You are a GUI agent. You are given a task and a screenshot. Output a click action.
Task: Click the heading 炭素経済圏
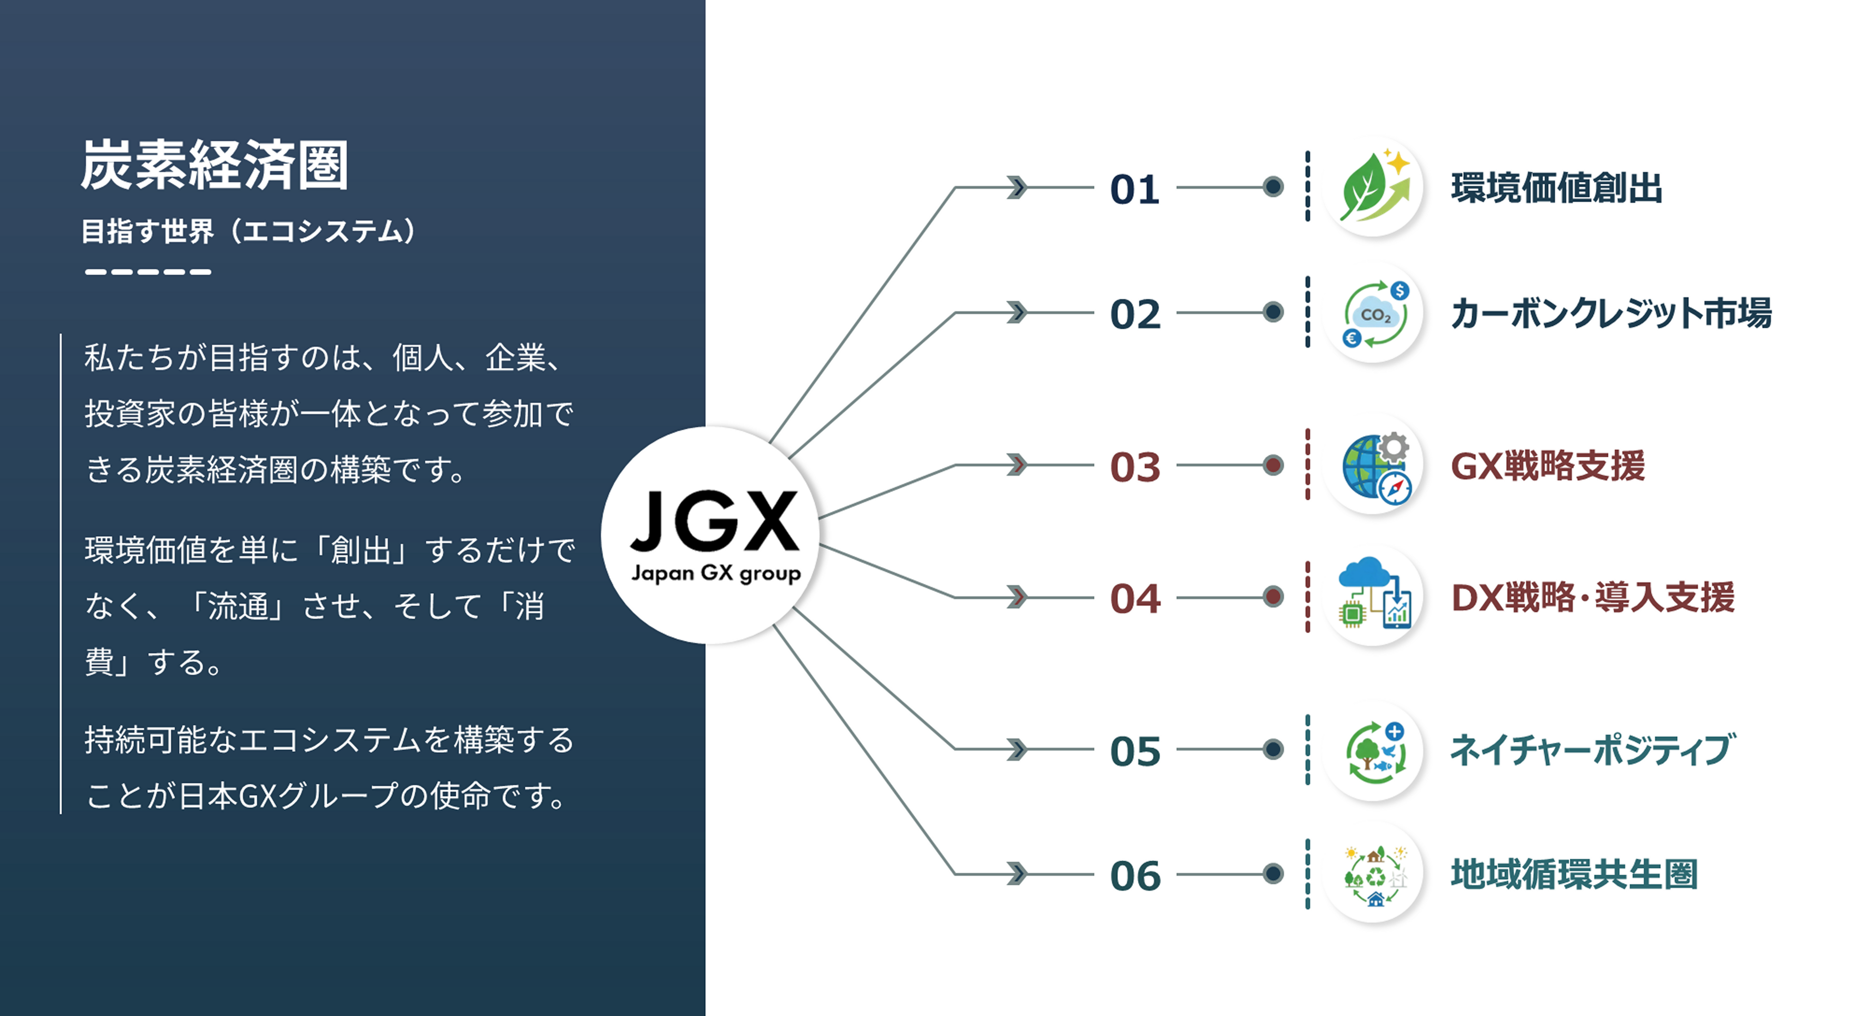(214, 165)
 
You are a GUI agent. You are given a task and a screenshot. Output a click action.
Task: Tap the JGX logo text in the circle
(715, 521)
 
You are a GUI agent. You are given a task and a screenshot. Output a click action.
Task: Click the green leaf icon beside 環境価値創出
(1373, 187)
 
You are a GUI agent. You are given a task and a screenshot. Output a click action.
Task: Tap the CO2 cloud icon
(1373, 313)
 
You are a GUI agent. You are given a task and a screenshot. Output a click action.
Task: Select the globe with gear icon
(1373, 466)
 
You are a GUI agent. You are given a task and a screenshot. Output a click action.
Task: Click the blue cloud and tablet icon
(1373, 597)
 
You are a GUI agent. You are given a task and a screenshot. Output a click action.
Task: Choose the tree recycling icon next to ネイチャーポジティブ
(1373, 750)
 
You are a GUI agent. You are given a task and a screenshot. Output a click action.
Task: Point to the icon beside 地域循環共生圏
(1373, 875)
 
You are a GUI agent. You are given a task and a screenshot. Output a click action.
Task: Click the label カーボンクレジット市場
(1611, 313)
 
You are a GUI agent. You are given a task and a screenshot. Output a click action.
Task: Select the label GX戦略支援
(1547, 466)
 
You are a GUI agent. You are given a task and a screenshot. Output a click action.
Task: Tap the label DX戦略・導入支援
(1592, 598)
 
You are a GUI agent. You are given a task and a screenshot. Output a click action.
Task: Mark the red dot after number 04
(1273, 597)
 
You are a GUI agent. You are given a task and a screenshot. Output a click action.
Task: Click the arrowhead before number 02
(1017, 313)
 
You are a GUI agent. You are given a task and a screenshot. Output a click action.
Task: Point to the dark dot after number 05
(1273, 749)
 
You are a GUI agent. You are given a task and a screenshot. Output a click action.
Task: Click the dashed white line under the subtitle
(148, 272)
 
